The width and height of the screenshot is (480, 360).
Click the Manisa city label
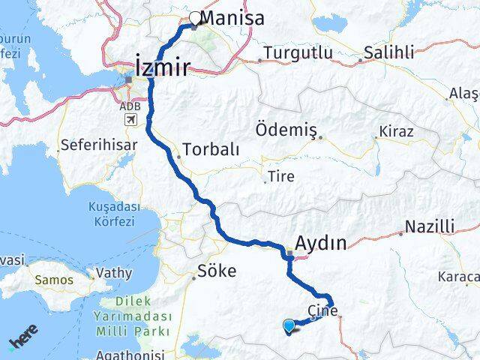[234, 18]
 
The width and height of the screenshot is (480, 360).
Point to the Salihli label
[388, 52]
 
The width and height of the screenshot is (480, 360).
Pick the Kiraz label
[397, 131]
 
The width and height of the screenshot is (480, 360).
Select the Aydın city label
[321, 242]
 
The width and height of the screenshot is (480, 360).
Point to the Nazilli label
[429, 226]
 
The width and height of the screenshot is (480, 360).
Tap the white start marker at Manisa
[195, 18]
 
